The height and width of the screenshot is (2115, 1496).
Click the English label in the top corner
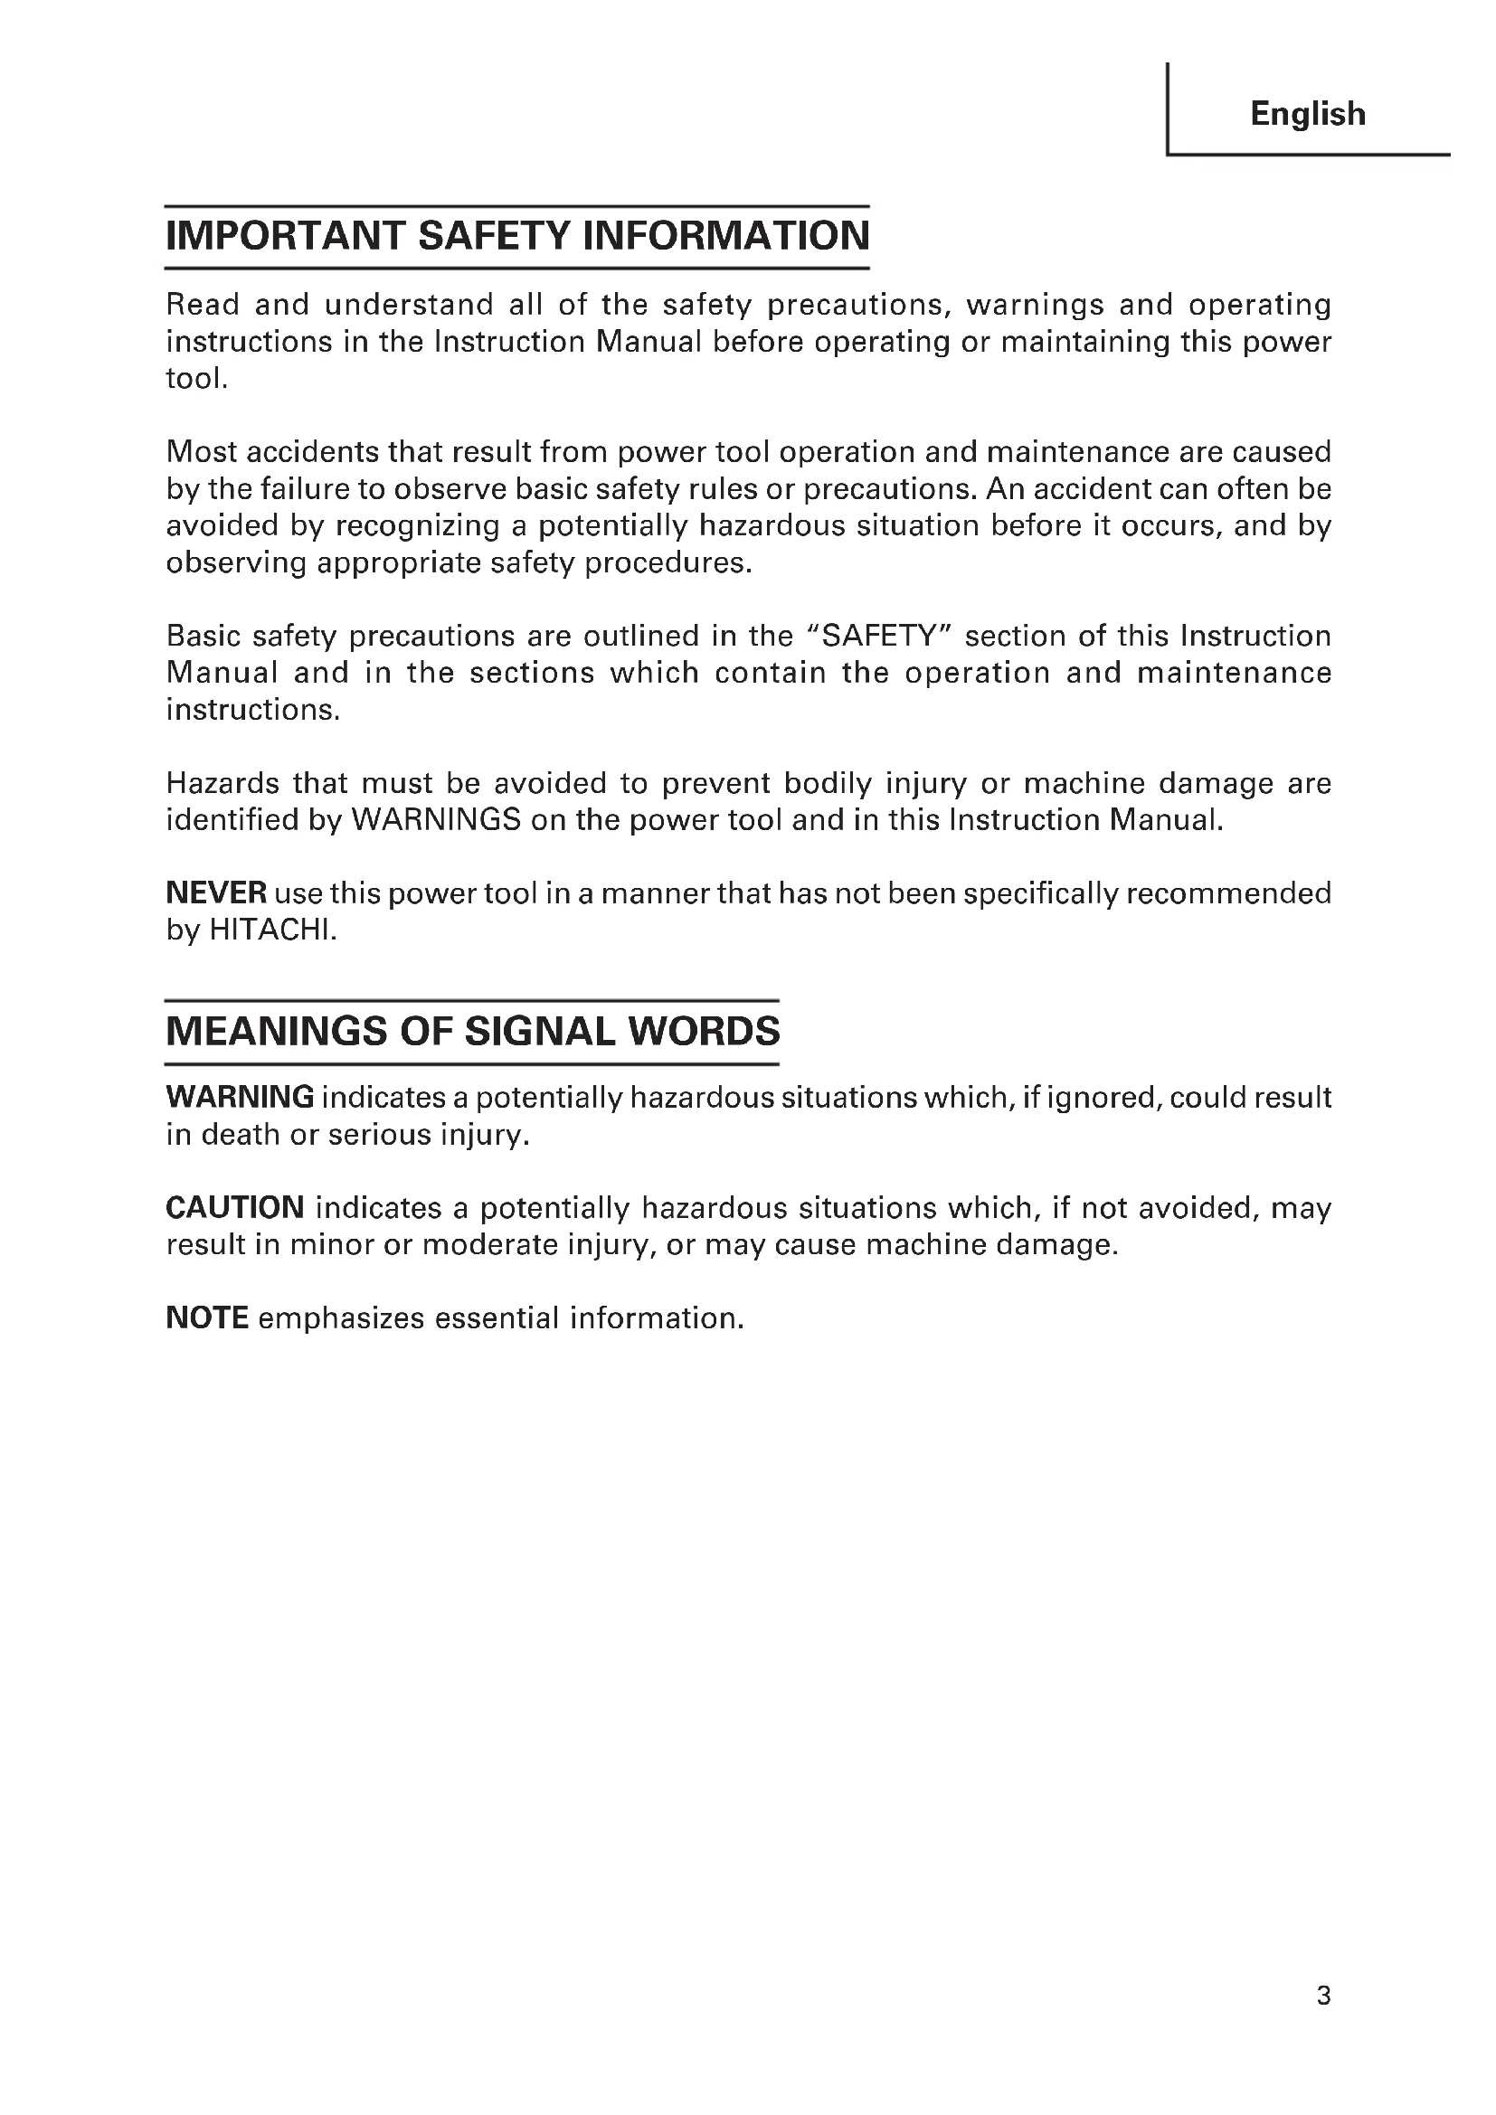[1307, 114]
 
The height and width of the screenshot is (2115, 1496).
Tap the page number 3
[1323, 1996]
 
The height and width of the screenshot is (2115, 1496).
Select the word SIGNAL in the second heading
[539, 1031]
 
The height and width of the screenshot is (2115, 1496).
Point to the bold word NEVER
[216, 892]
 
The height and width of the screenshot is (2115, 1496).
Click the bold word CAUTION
[235, 1207]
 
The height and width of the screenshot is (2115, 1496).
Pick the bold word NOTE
[207, 1317]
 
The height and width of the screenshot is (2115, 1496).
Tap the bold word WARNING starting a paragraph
[240, 1097]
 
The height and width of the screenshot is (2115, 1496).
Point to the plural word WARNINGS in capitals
[438, 820]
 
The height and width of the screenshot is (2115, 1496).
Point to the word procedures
[668, 562]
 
